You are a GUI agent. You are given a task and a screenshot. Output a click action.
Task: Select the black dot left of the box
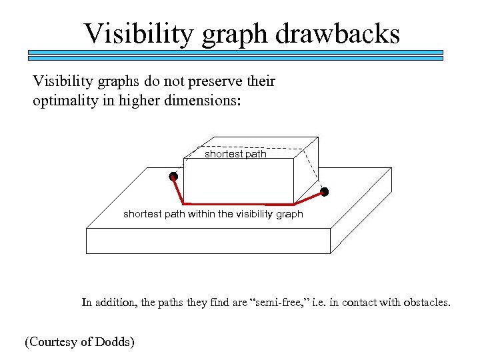click(x=173, y=177)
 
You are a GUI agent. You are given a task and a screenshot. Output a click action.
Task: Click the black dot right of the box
click(x=325, y=192)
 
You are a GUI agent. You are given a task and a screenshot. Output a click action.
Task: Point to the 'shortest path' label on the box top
click(x=235, y=154)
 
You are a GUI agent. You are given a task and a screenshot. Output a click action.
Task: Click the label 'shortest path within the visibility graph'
click(x=213, y=214)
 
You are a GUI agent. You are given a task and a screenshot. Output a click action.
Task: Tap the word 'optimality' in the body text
click(x=63, y=101)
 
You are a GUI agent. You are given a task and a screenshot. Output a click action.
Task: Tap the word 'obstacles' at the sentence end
click(x=425, y=303)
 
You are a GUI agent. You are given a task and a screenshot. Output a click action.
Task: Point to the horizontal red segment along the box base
click(x=238, y=203)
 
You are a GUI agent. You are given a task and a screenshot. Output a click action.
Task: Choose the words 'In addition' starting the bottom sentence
click(x=106, y=303)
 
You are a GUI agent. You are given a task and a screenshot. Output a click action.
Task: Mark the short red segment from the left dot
click(x=178, y=191)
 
